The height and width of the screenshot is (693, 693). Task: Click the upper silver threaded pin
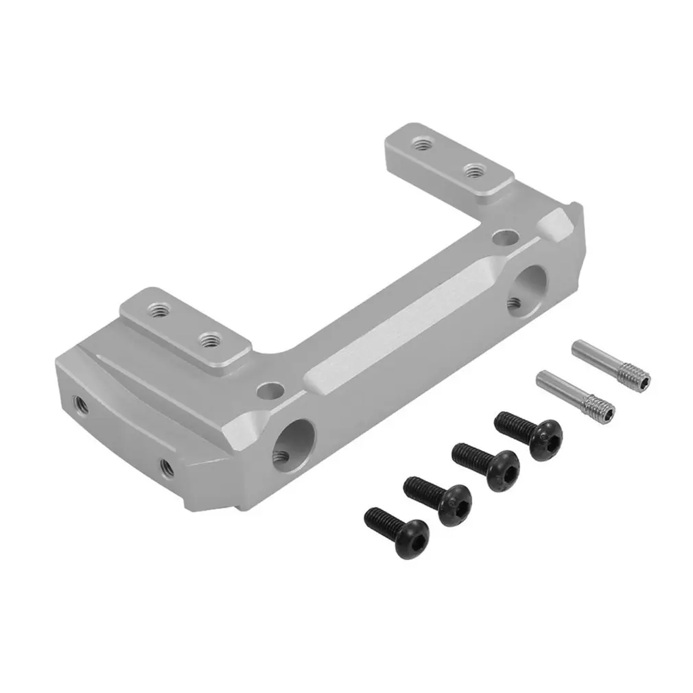pyautogui.click(x=611, y=364)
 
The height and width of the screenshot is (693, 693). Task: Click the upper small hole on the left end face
pyautogui.click(x=81, y=399)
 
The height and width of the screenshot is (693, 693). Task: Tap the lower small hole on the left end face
pyautogui.click(x=165, y=468)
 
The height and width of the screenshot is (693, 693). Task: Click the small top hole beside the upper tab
pyautogui.click(x=505, y=237)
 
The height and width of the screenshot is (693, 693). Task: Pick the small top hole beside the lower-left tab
pyautogui.click(x=270, y=392)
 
